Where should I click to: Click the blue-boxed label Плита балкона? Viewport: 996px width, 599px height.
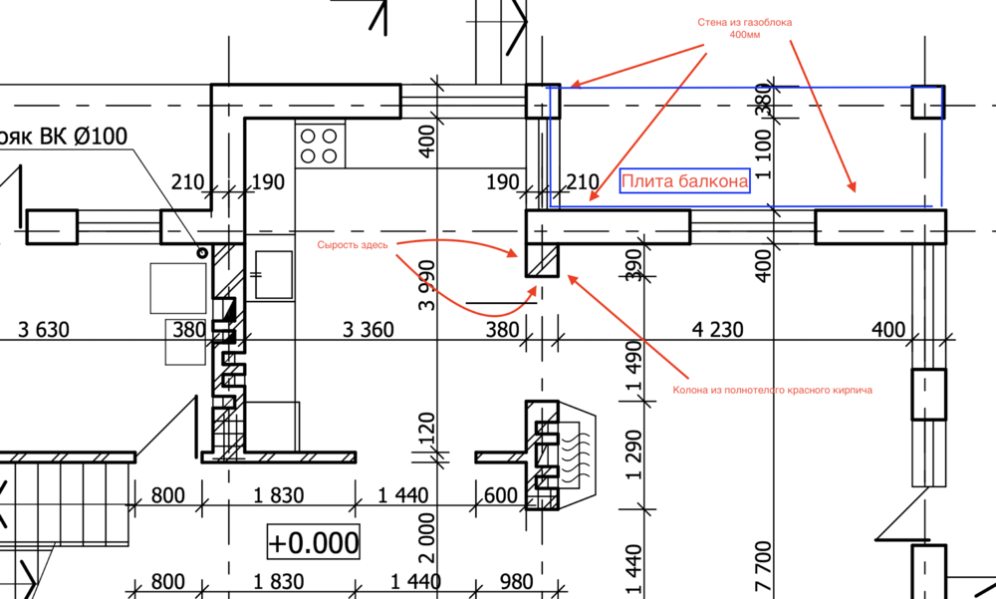click(685, 181)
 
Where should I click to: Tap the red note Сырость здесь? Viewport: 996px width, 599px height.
click(353, 245)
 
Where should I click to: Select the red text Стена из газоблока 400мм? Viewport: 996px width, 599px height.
click(744, 28)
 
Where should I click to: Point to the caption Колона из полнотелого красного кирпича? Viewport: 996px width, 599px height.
click(773, 390)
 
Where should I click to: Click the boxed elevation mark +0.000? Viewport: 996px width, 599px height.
click(314, 542)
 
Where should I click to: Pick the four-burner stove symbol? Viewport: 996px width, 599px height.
click(320, 146)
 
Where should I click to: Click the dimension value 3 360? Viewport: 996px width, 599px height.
click(368, 329)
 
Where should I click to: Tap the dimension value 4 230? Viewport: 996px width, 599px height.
click(717, 329)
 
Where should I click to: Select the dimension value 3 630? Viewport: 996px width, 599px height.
click(44, 329)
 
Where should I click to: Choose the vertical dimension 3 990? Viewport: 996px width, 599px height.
click(427, 285)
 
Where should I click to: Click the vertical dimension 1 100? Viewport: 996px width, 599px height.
click(764, 154)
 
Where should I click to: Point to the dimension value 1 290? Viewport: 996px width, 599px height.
click(633, 454)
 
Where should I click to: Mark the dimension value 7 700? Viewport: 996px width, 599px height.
click(764, 566)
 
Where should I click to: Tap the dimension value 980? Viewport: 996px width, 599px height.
click(516, 581)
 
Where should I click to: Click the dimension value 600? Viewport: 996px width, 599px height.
click(501, 495)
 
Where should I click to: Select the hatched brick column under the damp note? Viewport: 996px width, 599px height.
click(542, 260)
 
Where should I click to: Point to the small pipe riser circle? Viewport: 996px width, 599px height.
click(202, 253)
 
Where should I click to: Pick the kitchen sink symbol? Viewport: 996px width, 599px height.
click(274, 275)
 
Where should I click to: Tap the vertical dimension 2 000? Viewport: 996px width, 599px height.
click(427, 538)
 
